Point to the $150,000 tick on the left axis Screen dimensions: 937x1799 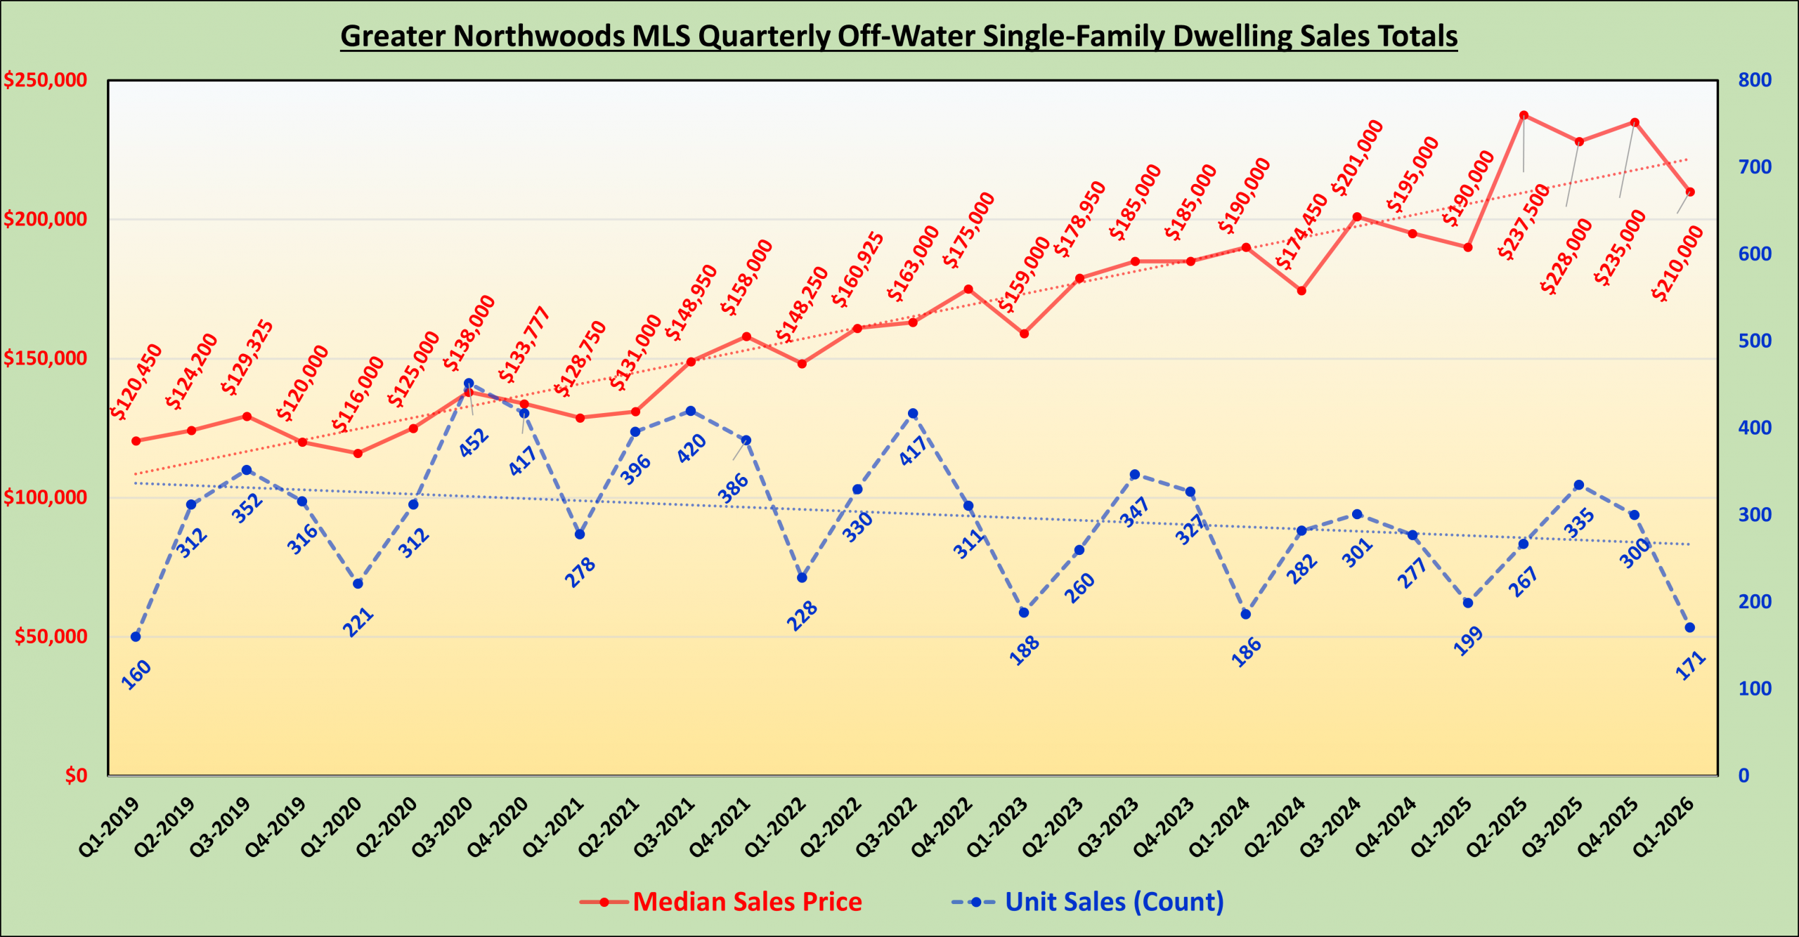click(46, 358)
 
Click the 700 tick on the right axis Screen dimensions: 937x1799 click(1755, 167)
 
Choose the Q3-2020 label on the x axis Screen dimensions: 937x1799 click(443, 827)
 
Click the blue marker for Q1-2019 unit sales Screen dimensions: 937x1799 click(136, 637)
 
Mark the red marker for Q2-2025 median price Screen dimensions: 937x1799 click(1524, 115)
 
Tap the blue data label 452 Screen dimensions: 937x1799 click(474, 443)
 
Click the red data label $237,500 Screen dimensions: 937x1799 click(1524, 222)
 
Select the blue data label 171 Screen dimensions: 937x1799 click(1691, 665)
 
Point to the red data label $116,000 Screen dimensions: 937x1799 click(358, 394)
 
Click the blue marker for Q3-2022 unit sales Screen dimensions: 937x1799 click(913, 414)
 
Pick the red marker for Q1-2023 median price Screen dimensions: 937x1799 click(1024, 334)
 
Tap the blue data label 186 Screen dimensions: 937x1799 click(1246, 653)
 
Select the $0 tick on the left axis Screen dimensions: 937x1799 click(76, 775)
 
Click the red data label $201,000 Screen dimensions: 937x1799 click(1357, 158)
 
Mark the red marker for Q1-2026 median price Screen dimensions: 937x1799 click(1690, 192)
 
